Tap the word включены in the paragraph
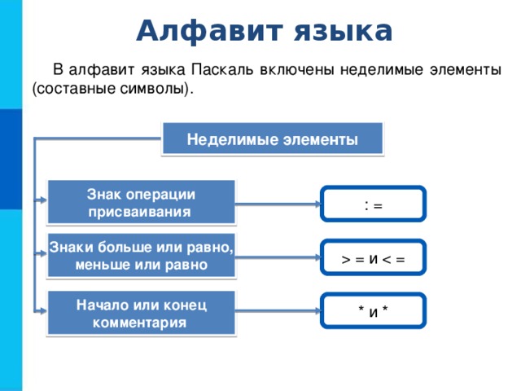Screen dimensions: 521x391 [296, 70]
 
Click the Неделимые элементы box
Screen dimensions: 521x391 [273, 139]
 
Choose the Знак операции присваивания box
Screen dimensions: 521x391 [141, 203]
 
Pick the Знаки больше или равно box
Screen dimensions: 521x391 [141, 256]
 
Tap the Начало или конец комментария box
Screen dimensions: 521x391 [141, 313]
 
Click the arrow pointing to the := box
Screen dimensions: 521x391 [278, 204]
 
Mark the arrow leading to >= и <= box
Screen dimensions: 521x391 [278, 257]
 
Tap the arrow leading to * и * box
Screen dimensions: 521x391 [278, 311]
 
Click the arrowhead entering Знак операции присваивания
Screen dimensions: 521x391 [42, 200]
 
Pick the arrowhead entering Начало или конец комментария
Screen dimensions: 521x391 [42, 311]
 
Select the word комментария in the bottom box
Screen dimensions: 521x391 [139, 323]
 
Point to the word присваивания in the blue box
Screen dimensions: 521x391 [139, 212]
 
